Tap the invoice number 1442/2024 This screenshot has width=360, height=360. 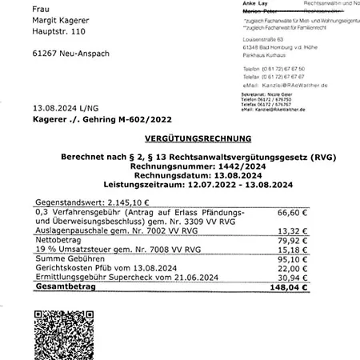point(214,166)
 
